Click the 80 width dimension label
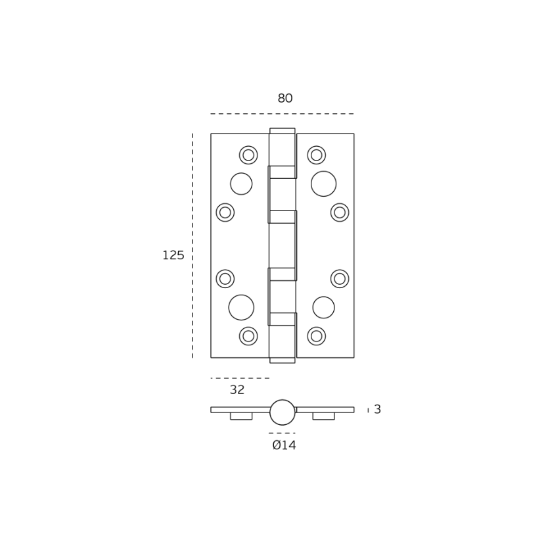pos(285,98)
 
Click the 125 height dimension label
pos(173,255)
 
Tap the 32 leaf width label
pos(237,389)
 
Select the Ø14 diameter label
pos(284,445)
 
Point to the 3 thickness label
pos(377,409)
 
